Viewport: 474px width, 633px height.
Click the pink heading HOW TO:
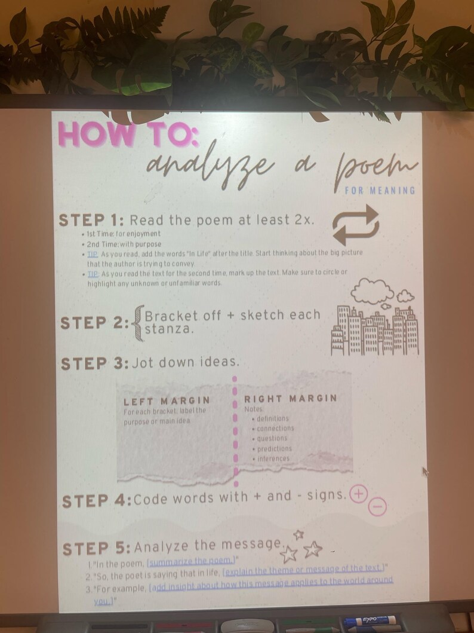point(128,135)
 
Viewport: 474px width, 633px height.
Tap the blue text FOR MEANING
point(379,190)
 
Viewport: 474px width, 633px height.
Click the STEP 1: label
point(91,220)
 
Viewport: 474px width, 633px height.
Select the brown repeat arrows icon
point(356,224)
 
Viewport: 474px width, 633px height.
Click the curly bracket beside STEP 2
point(138,323)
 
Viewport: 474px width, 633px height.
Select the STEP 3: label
point(94,363)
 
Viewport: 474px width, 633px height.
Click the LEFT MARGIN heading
point(167,400)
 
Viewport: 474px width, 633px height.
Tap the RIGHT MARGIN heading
point(290,398)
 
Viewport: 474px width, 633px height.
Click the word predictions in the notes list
point(274,448)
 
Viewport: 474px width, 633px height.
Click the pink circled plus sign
point(358,494)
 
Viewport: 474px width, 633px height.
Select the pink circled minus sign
point(377,507)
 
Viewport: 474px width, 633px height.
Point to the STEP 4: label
point(97,500)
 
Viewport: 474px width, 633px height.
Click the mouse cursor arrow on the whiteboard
point(425,472)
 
